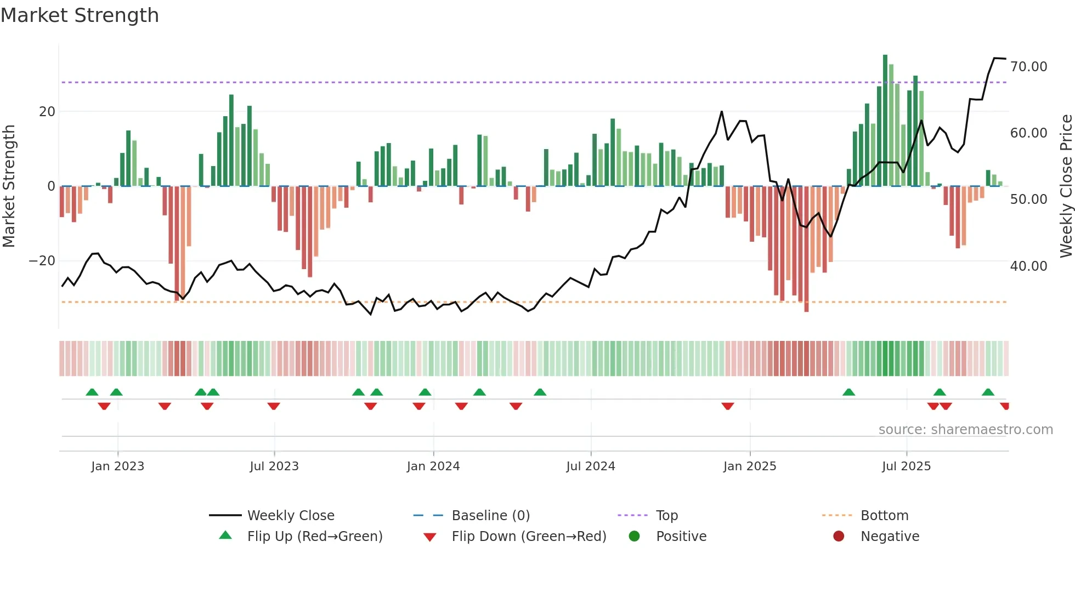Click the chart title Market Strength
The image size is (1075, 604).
[x=80, y=15]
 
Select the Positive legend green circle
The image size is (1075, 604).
[x=635, y=536]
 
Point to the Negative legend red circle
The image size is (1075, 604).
[x=839, y=536]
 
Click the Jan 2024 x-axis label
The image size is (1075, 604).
[x=433, y=466]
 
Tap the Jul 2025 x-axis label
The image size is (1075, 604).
[x=906, y=466]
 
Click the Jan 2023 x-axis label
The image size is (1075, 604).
[x=117, y=466]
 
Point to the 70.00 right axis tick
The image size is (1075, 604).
[x=1028, y=67]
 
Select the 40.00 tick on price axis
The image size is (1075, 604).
[x=1028, y=266]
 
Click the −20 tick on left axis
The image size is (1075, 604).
[x=42, y=261]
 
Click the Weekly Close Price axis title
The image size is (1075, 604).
[x=1066, y=186]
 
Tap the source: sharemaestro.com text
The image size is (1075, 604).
[x=965, y=430]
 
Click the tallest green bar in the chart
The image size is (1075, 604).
[x=885, y=121]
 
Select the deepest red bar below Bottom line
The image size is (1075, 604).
[x=806, y=249]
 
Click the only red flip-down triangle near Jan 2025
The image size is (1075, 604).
[x=728, y=406]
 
